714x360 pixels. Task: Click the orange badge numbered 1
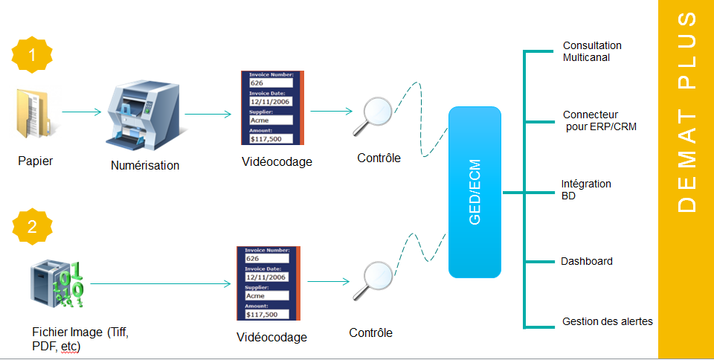[31, 54]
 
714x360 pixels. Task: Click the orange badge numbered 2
[31, 228]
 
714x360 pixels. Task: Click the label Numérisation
[145, 166]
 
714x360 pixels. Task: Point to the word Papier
[36, 160]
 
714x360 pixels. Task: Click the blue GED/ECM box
[475, 192]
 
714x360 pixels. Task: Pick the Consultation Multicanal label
[592, 51]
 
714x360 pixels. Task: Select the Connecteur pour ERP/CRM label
[599, 120]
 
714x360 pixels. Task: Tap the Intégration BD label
[586, 190]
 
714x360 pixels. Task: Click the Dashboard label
[587, 261]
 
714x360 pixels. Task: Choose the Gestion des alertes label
[608, 321]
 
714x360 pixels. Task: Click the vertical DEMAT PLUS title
[687, 112]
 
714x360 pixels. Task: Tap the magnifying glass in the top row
[376, 115]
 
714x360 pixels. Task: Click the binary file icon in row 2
[57, 283]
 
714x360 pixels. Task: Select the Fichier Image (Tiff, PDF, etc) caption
[80, 339]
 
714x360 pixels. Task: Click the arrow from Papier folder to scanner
[81, 113]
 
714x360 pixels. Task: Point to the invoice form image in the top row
[273, 107]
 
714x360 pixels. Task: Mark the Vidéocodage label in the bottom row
[271, 337]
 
